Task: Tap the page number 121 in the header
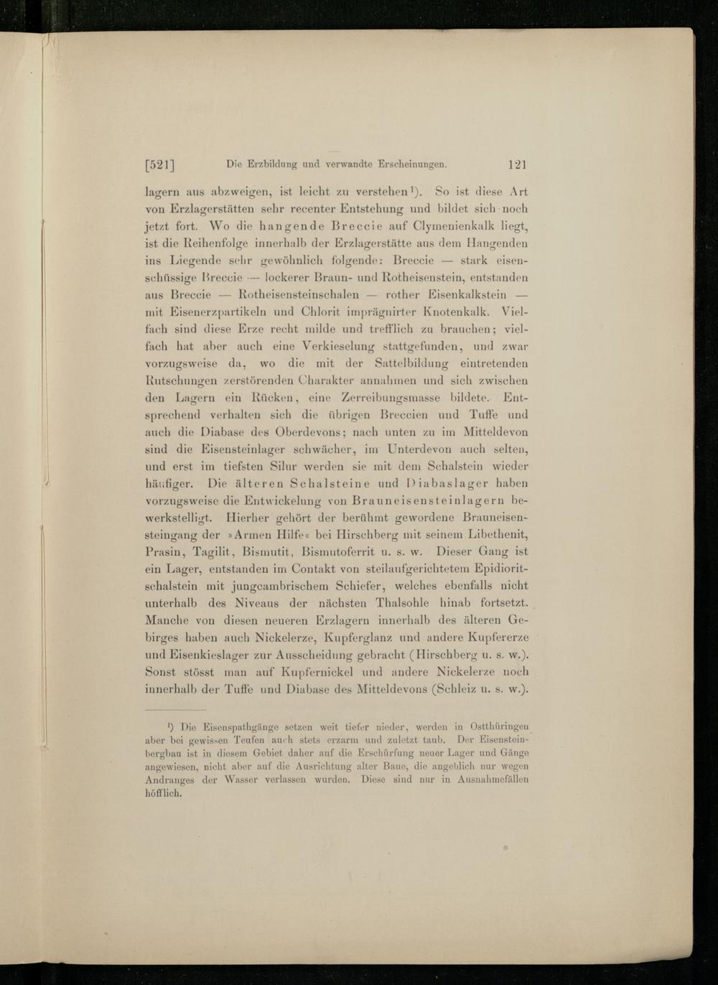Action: pyautogui.click(x=517, y=164)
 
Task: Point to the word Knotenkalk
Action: pyautogui.click(x=456, y=312)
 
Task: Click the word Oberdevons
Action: pyautogui.click(x=310, y=432)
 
